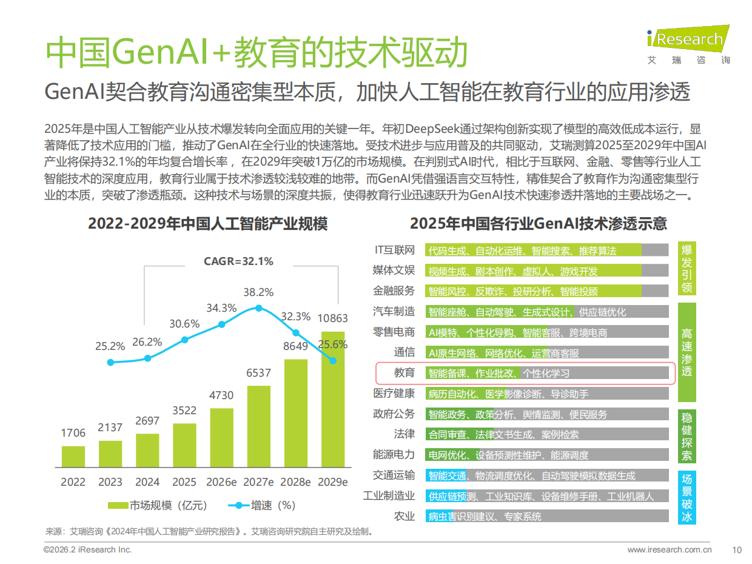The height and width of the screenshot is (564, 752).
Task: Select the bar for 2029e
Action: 332,400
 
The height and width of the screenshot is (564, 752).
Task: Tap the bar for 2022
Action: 73,456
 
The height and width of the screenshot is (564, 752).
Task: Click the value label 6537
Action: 258,373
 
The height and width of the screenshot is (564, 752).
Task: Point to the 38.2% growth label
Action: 258,292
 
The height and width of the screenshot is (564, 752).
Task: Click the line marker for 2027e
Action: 258,308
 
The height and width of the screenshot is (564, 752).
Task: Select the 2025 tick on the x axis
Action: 184,482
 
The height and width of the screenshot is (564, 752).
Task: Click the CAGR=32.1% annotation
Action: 238,261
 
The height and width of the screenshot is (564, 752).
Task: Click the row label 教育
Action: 405,373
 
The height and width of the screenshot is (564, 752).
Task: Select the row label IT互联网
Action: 395,250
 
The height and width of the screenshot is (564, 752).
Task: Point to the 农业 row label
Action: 405,516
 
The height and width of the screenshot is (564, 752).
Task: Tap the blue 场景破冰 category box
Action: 687,497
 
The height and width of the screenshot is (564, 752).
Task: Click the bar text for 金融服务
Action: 512,291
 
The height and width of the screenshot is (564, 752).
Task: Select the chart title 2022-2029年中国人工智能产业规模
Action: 207,224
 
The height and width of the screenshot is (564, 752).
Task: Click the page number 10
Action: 737,550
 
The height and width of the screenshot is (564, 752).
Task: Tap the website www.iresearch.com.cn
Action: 669,550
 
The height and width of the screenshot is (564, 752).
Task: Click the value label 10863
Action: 332,319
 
